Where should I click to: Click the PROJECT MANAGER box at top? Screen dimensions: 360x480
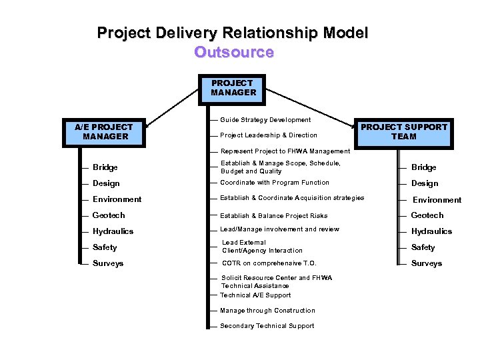[x=233, y=89]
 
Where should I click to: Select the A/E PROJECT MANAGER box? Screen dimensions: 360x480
[x=105, y=132]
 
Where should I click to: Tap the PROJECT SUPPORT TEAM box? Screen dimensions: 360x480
[x=404, y=131]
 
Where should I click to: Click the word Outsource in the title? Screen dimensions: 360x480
[x=233, y=52]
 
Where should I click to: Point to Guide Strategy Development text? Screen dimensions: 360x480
[x=265, y=120]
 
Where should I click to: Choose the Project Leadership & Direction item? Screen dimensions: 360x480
[x=269, y=135]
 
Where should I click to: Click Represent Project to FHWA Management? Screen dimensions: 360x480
[x=285, y=151]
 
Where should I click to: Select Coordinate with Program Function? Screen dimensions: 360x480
[x=275, y=183]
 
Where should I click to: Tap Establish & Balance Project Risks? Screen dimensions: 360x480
[x=274, y=216]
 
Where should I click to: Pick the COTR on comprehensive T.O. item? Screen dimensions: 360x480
[x=269, y=263]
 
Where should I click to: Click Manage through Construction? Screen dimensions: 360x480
[x=267, y=311]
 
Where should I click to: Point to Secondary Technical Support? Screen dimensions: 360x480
[x=267, y=326]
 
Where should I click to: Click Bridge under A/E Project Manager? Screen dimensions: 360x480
[x=105, y=167]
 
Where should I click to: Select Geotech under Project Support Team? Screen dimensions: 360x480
[x=427, y=215]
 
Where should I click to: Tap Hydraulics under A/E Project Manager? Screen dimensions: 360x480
[x=113, y=231]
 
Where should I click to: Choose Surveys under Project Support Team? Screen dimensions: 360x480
[x=427, y=263]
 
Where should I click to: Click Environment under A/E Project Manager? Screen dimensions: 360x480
[x=117, y=199]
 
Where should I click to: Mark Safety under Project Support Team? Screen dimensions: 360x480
[x=423, y=247]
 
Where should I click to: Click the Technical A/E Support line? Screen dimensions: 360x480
[x=255, y=295]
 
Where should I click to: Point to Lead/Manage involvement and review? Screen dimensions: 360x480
[x=279, y=229]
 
